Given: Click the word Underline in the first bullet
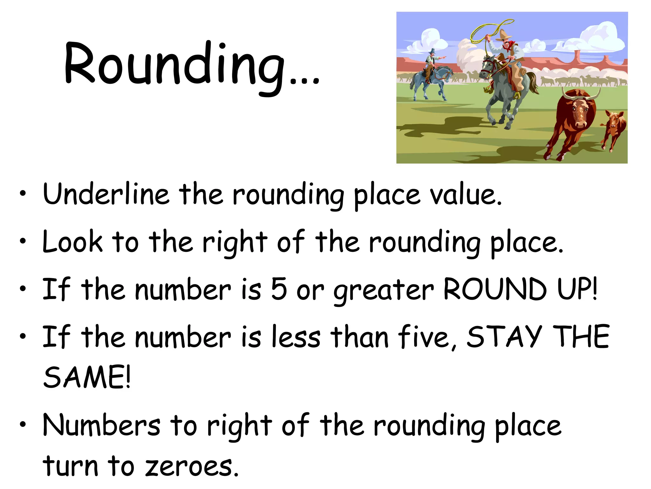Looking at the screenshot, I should (x=106, y=194).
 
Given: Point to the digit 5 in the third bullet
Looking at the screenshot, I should (x=279, y=289).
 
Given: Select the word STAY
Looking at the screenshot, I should (x=504, y=337).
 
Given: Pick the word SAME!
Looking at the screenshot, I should (x=87, y=377).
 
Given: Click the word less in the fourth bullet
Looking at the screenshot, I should (x=296, y=337).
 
